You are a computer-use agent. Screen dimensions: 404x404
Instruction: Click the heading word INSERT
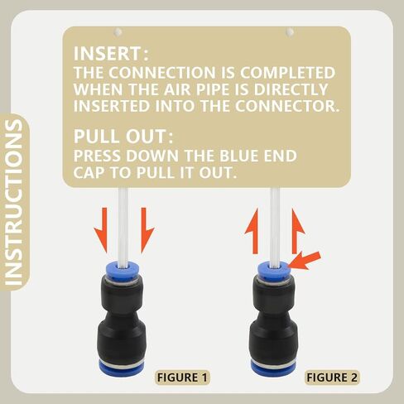pos(108,54)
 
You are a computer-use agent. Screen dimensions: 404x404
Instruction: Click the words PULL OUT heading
pos(120,137)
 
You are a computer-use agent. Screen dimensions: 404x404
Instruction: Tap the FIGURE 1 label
pos(182,378)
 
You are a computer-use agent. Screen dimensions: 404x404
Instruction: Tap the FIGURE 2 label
pos(332,378)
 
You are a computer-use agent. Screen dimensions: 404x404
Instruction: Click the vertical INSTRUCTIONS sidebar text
pos(14,202)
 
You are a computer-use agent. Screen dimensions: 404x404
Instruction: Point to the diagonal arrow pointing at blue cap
pos(305,260)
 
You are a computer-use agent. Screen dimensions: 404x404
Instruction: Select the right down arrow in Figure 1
pos(147,230)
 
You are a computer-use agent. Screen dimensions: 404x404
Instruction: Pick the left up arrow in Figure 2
pos(252,231)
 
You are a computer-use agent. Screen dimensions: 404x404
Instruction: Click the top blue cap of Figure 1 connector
pos(122,272)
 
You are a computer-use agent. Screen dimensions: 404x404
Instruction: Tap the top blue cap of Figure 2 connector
pos(274,271)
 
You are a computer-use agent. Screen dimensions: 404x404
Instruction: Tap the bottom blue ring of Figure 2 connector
pos(273,369)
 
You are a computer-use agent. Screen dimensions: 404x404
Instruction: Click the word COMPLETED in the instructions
pos(287,73)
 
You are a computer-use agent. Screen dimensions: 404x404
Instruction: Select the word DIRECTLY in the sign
pos(291,89)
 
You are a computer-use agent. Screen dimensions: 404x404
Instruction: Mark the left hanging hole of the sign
pos(118,32)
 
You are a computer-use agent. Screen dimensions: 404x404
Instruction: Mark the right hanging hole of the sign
pos(290,32)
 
